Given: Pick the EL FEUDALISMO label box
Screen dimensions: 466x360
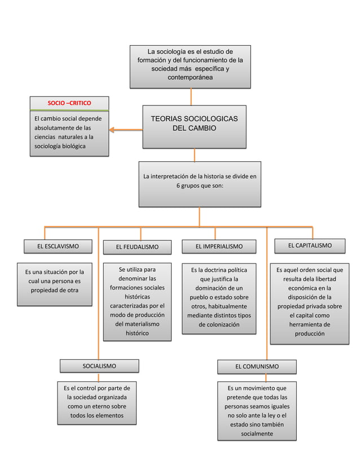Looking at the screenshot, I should (x=137, y=247).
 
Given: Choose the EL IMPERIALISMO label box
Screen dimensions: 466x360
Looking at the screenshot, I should (x=219, y=247).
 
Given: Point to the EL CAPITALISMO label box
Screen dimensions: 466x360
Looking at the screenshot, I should (x=309, y=245).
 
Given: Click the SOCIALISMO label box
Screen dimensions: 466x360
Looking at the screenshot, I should (x=99, y=366).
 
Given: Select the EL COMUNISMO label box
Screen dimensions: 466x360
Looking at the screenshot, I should (x=257, y=367).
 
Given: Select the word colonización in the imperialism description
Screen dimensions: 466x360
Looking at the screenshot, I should (x=218, y=325).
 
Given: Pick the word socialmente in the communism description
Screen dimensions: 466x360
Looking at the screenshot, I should (x=257, y=434).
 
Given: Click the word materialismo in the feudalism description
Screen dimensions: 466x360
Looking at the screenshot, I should (x=137, y=324).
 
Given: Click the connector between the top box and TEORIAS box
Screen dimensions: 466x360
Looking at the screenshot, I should (x=190, y=96).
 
